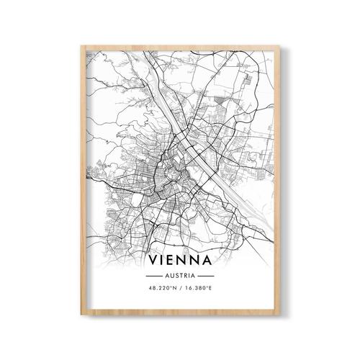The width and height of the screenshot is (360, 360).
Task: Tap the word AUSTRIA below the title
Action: (x=180, y=276)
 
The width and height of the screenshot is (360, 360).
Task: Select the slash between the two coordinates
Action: (x=180, y=289)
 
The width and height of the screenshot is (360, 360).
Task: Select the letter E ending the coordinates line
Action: (x=214, y=289)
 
